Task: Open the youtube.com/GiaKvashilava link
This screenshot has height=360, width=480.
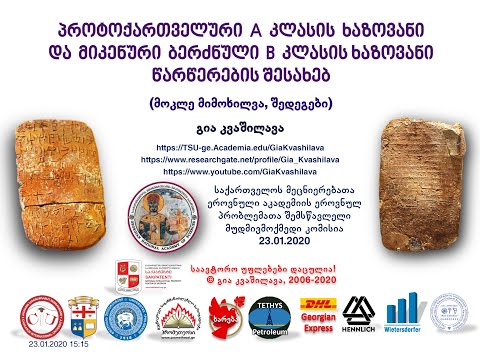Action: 239,171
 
